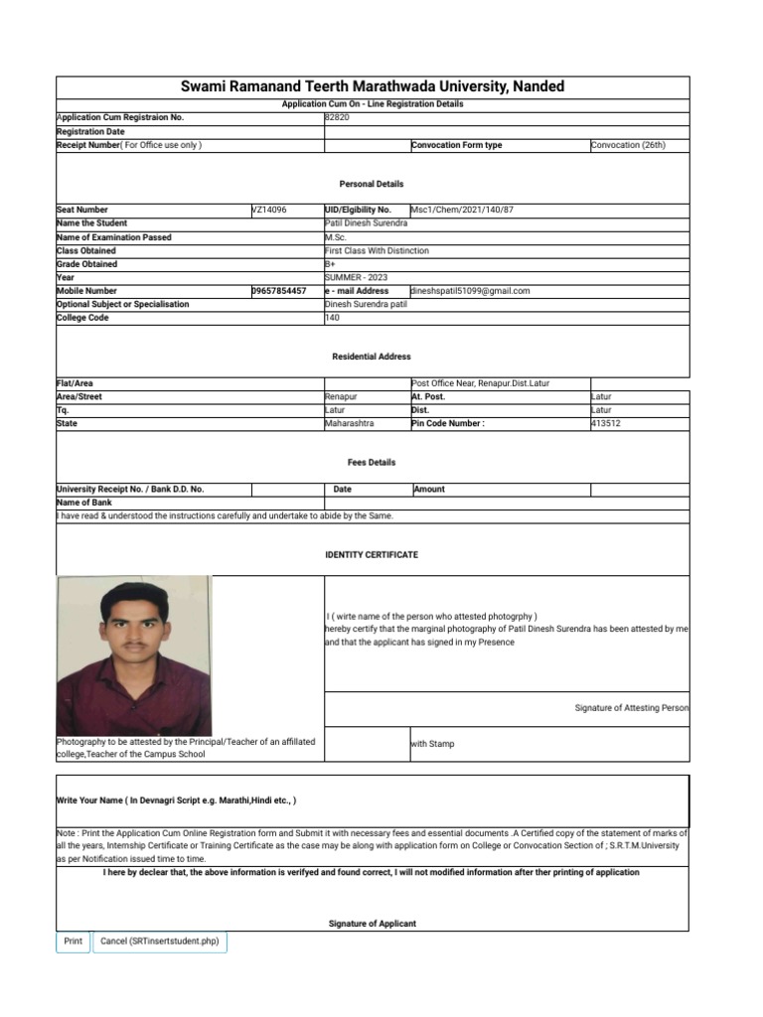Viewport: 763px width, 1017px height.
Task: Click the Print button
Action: pyautogui.click(x=73, y=942)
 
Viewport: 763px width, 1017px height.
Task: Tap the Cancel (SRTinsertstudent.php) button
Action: pyautogui.click(x=159, y=942)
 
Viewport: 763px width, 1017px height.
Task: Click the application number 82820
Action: pyautogui.click(x=338, y=117)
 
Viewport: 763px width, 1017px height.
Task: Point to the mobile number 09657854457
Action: pyautogui.click(x=279, y=291)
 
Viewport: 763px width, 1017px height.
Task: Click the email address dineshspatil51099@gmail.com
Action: pyautogui.click(x=470, y=291)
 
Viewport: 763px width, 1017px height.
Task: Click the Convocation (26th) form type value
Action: pyautogui.click(x=628, y=145)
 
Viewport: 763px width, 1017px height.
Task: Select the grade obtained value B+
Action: pyautogui.click(x=332, y=264)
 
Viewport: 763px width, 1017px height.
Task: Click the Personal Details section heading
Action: pyautogui.click(x=372, y=184)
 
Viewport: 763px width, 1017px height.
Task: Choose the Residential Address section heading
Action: pyautogui.click(x=372, y=357)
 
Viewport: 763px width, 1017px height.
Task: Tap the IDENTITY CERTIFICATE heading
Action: pyautogui.click(x=372, y=554)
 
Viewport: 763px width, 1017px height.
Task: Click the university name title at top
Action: pyautogui.click(x=372, y=86)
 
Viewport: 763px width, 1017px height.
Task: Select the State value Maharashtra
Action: pyautogui.click(x=350, y=424)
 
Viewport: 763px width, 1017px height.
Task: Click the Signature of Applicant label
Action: pyautogui.click(x=372, y=924)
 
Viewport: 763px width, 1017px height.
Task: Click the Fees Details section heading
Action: pyautogui.click(x=372, y=462)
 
